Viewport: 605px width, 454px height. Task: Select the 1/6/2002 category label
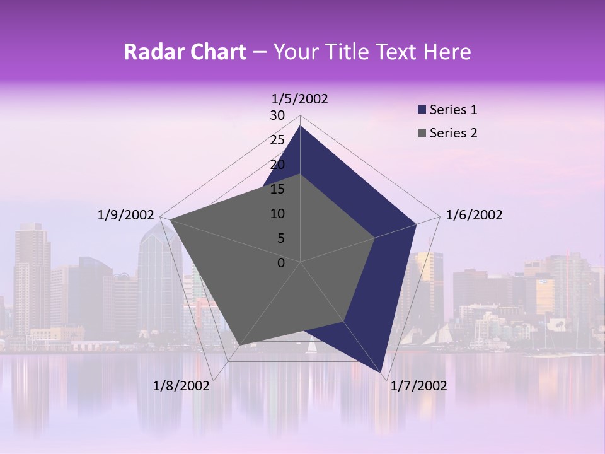474,215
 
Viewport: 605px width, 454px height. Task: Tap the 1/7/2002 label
418,385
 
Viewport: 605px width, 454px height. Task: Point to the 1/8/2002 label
181,385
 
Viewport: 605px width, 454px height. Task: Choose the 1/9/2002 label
125,215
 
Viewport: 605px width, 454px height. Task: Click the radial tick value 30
277,115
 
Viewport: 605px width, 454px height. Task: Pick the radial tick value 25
277,140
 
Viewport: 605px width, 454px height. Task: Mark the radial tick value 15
277,189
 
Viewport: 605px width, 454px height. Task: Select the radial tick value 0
281,263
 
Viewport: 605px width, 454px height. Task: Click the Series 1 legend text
453,110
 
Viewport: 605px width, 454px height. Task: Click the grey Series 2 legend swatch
422,133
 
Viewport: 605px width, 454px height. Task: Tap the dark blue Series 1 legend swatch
422,110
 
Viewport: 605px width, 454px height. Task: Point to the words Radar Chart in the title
185,52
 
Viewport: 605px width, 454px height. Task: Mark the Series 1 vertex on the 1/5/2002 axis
300,125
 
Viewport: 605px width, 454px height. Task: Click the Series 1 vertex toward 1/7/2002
381,373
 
